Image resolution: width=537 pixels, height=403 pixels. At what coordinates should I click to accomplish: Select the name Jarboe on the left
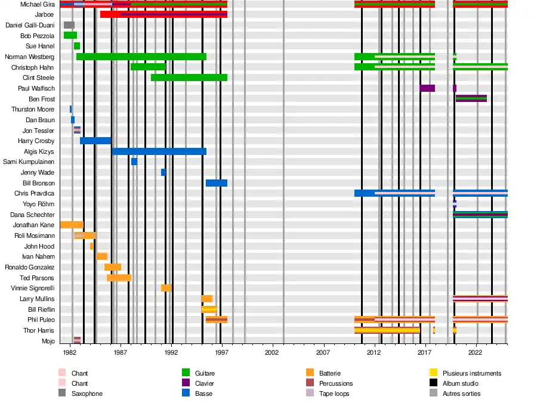pyautogui.click(x=44, y=14)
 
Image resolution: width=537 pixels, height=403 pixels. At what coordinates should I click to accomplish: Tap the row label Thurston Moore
pyautogui.click(x=33, y=110)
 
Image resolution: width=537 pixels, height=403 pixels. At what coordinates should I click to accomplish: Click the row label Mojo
pyautogui.click(x=48, y=341)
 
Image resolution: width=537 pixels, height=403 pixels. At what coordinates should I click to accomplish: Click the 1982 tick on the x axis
pyautogui.click(x=70, y=353)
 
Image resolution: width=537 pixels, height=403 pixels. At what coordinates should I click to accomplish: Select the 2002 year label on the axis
pyautogui.click(x=273, y=353)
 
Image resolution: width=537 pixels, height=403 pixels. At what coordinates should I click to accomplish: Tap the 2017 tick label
pyautogui.click(x=425, y=353)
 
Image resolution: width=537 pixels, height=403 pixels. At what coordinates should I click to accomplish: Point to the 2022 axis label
pyautogui.click(x=476, y=353)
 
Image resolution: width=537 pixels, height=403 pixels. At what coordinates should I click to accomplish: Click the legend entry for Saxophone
pyautogui.click(x=87, y=393)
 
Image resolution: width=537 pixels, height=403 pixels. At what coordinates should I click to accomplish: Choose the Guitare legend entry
pyautogui.click(x=205, y=373)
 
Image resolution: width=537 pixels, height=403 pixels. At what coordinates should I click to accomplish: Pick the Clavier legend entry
pyautogui.click(x=204, y=383)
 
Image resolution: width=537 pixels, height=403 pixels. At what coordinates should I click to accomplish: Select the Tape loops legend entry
pyautogui.click(x=334, y=393)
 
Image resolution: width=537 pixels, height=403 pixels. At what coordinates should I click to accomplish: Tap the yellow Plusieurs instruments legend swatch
pyautogui.click(x=434, y=373)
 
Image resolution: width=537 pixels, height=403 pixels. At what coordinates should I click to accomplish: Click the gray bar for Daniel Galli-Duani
pyautogui.click(x=69, y=25)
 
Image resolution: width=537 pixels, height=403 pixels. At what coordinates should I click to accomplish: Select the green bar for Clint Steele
pyautogui.click(x=189, y=77)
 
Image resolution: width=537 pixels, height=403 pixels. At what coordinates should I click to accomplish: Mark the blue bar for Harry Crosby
pyautogui.click(x=95, y=141)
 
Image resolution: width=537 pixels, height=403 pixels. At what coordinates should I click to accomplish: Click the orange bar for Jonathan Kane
pyautogui.click(x=72, y=225)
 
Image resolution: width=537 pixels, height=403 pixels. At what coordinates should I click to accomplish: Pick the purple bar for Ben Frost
pyautogui.click(x=471, y=98)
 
